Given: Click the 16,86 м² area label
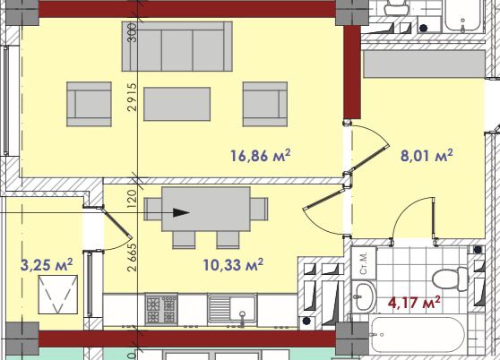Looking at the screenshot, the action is coord(260,156).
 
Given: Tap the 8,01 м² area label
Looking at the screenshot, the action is coord(427,156).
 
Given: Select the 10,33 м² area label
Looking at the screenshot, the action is coord(233,265).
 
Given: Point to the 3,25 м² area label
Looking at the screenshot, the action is coord(47,265).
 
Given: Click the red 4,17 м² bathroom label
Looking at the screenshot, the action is coord(414,303).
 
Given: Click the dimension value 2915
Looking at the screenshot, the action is coord(132,97).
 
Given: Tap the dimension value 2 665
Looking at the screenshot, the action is coord(132,257).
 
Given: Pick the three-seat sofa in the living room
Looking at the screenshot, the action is coord(177,47).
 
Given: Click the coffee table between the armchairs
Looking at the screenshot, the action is coord(177,104).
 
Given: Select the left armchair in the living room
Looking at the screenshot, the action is coord(89,104).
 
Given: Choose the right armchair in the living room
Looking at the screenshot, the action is coord(265,104).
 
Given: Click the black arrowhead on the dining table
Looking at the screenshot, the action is coord(181,212).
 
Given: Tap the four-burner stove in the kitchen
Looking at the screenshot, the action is coord(161,309).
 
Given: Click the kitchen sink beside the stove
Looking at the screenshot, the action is coord(232,308).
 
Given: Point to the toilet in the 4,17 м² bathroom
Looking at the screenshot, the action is coord(450,279).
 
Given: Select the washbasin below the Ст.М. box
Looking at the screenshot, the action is coord(366,296).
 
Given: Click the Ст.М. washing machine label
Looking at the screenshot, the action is coord(364,263).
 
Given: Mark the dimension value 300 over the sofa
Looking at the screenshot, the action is coord(132,32).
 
